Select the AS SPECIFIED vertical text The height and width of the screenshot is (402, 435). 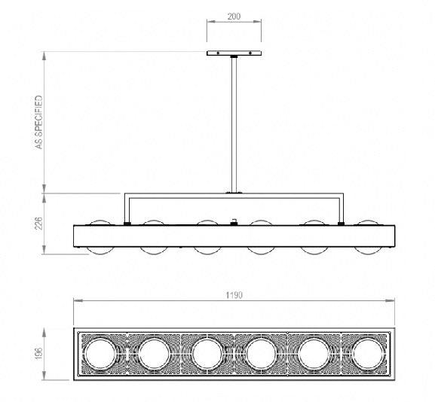(x=38, y=122)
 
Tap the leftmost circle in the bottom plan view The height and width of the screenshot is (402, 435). (x=100, y=353)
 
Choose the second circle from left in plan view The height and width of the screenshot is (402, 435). (x=153, y=353)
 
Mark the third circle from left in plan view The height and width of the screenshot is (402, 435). (x=207, y=353)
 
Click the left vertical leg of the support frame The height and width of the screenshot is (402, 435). (x=126, y=209)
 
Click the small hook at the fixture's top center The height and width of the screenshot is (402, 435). (x=234, y=221)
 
